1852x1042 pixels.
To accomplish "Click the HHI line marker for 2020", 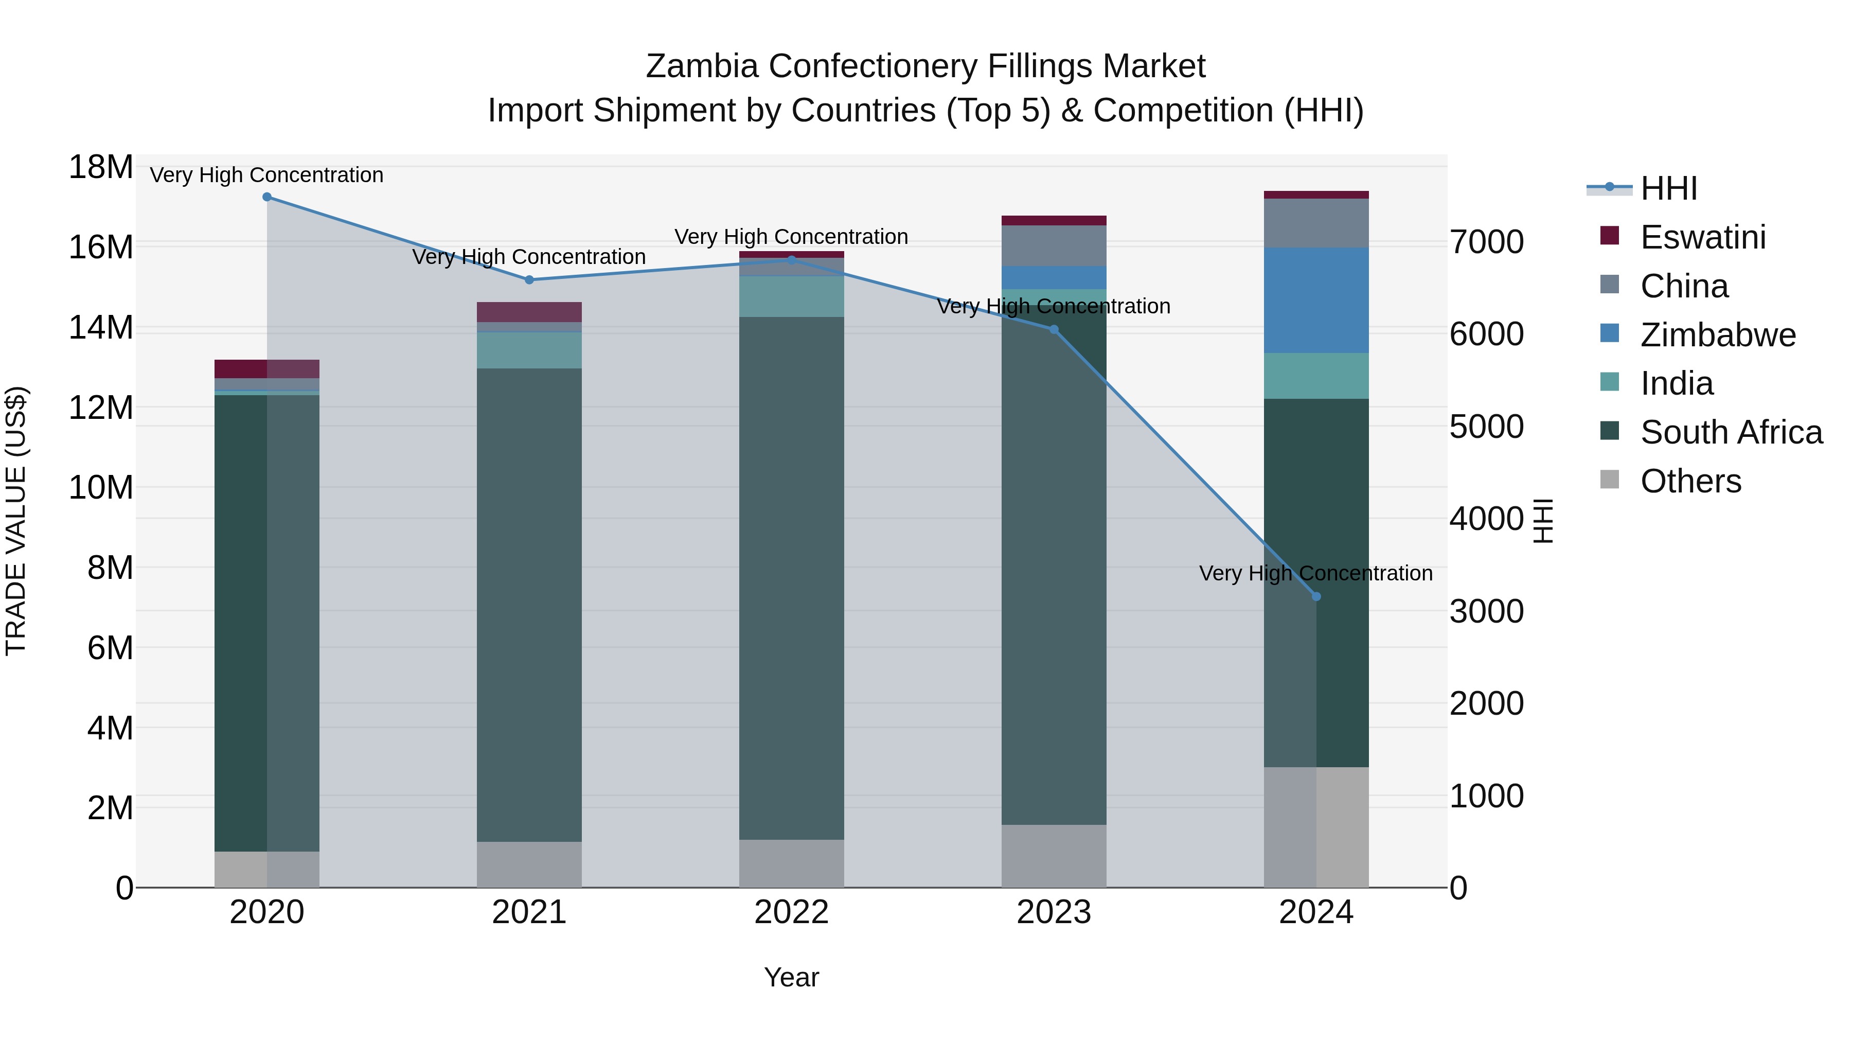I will click(266, 197).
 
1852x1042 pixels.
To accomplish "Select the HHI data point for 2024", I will click(1316, 596).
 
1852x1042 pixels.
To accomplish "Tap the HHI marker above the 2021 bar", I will click(529, 280).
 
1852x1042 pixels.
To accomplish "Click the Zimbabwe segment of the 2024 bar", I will click(1316, 301).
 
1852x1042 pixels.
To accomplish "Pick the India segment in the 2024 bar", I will click(1316, 376).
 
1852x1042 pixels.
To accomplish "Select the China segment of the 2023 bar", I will click(1054, 246).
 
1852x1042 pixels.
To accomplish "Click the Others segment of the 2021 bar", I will click(529, 864).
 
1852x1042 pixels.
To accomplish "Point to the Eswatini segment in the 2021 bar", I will click(529, 312).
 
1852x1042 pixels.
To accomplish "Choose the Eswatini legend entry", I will click(1702, 237).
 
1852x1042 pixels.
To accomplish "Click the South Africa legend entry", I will click(1731, 432).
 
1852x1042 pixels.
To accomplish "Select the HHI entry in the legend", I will click(1668, 188).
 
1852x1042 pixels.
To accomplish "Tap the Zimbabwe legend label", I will click(1718, 335).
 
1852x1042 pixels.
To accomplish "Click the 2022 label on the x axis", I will click(792, 912).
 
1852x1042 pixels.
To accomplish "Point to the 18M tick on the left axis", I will click(101, 168).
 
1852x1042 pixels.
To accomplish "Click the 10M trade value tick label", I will click(101, 488).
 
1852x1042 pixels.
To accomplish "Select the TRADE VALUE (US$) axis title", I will click(16, 521).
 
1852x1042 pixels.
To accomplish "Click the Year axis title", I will click(792, 977).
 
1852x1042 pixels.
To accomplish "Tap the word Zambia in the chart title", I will click(702, 66).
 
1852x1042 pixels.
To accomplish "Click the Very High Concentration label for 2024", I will click(1315, 573).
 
